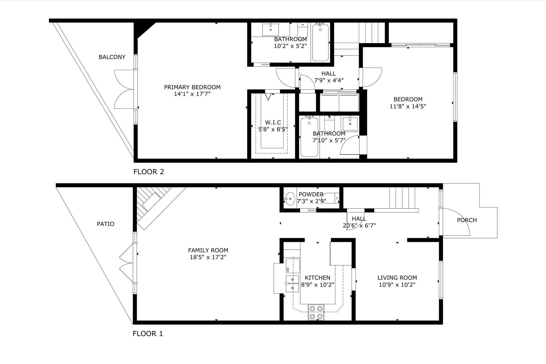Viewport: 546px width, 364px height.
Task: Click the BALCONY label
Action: pos(112,57)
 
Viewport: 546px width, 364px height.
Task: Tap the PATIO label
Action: pos(106,224)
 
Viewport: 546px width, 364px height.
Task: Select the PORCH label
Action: pos(467,220)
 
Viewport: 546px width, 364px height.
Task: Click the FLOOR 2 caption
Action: pos(149,172)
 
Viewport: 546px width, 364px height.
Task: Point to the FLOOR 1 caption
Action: pos(148,334)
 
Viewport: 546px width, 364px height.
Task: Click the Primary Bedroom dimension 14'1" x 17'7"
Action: pos(192,94)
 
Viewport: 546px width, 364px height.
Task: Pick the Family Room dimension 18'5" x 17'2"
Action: pos(208,257)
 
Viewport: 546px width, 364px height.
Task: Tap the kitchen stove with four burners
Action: pos(316,312)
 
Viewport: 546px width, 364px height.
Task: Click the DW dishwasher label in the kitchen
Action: pos(288,270)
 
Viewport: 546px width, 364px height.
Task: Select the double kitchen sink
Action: pos(292,284)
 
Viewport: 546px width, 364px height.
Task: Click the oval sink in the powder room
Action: pos(290,199)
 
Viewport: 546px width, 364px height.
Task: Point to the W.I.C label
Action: pos(273,122)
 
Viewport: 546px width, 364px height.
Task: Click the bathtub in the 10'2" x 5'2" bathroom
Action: pos(320,43)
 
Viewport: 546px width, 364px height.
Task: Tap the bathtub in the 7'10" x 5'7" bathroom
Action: pos(309,137)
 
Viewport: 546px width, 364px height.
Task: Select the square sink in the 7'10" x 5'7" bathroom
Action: pos(350,124)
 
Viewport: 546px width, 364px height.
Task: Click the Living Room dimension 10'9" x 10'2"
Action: pos(397,285)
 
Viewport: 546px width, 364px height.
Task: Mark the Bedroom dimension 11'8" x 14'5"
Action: pos(408,106)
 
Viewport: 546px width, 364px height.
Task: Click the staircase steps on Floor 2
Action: pos(372,33)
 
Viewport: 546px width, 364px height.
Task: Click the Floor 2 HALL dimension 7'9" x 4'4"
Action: pos(329,80)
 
